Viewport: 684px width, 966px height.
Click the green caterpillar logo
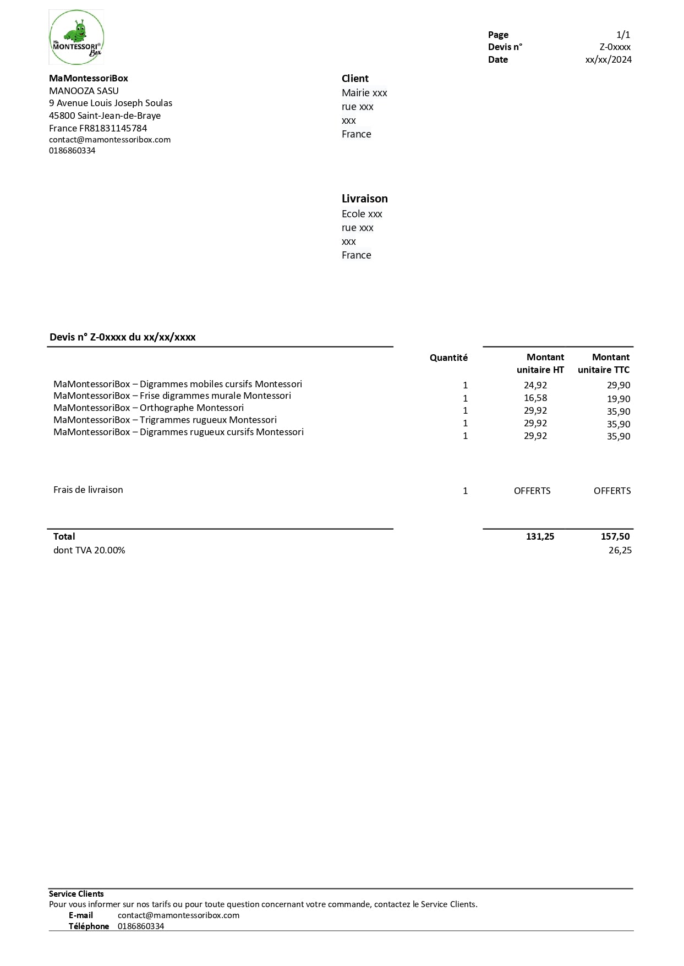pos(76,37)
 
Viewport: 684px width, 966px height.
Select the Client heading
pos(355,79)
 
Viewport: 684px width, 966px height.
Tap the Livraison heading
pos(364,199)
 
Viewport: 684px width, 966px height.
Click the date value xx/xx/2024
pos(608,59)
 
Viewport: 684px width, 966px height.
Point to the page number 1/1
pos(623,35)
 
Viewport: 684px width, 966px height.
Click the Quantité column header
pos(448,358)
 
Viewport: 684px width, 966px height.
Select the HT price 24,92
pos(535,385)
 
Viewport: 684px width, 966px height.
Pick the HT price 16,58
pos(535,398)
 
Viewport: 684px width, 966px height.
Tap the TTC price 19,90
pos(619,399)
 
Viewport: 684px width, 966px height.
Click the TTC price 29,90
pos(619,385)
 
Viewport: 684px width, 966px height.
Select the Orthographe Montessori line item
pos(149,408)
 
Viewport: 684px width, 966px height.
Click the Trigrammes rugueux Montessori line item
pos(165,420)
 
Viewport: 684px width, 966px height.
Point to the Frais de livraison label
pos(88,490)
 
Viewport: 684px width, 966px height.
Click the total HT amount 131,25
pos(540,536)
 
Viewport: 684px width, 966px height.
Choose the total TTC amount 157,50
pos(615,536)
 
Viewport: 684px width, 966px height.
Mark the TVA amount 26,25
pos(620,550)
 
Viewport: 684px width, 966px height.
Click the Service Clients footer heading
pos(76,894)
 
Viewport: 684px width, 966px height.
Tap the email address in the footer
pos(178,915)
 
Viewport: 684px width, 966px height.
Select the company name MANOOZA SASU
pos(84,91)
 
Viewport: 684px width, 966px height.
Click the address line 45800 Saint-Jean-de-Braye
pos(105,116)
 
